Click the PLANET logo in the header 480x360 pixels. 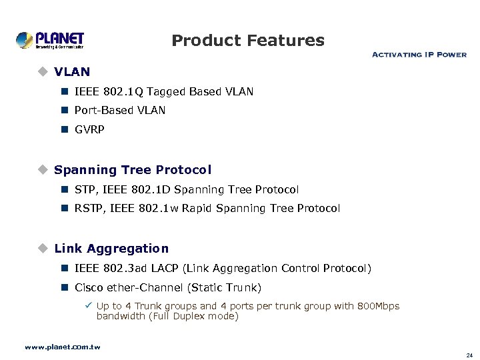(x=50, y=40)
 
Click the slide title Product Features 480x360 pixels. (x=247, y=41)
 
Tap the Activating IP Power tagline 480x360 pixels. (x=418, y=55)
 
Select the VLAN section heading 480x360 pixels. (x=72, y=71)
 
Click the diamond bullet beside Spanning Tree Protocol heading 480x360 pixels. (x=43, y=170)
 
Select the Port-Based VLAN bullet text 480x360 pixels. (x=120, y=111)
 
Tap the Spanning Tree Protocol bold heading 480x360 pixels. (x=133, y=170)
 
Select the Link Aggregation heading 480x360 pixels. (x=111, y=249)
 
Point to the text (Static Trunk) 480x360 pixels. (x=225, y=288)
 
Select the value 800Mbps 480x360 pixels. (x=378, y=306)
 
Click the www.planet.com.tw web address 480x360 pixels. (x=62, y=347)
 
